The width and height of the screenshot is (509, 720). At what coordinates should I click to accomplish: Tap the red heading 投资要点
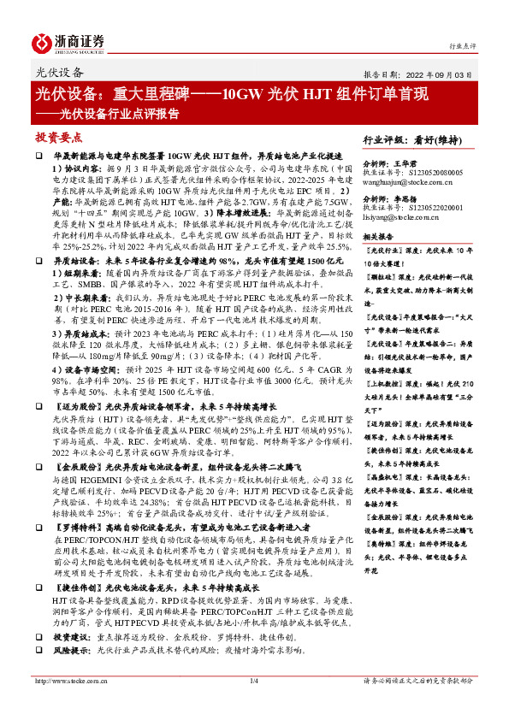[x=58, y=136]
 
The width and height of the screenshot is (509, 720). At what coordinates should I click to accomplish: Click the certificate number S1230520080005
[x=431, y=173]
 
